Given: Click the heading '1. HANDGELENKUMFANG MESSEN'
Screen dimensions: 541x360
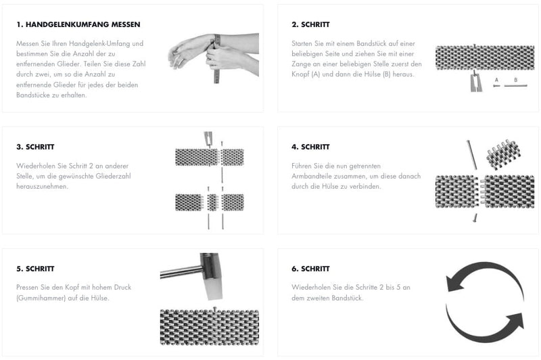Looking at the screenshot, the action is (x=78, y=24).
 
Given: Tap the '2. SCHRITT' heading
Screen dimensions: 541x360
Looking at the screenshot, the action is (x=310, y=24).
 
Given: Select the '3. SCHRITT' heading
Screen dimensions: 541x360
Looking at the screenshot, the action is (x=35, y=147).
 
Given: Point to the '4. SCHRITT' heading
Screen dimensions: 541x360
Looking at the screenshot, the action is (x=310, y=147).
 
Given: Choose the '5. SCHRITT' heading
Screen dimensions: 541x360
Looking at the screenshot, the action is (x=35, y=269).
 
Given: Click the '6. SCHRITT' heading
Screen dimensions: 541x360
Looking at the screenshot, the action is (x=310, y=269).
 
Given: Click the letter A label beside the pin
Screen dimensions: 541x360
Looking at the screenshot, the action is (x=496, y=80).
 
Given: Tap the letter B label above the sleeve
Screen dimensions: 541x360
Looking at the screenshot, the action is (x=516, y=80).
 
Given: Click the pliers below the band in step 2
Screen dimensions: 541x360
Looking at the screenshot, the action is (x=476, y=82).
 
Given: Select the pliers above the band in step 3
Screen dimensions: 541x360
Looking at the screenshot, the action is (x=208, y=139).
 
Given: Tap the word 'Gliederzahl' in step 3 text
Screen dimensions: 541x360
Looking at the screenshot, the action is (x=113, y=176).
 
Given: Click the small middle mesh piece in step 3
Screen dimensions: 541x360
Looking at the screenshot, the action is (x=212, y=202).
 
